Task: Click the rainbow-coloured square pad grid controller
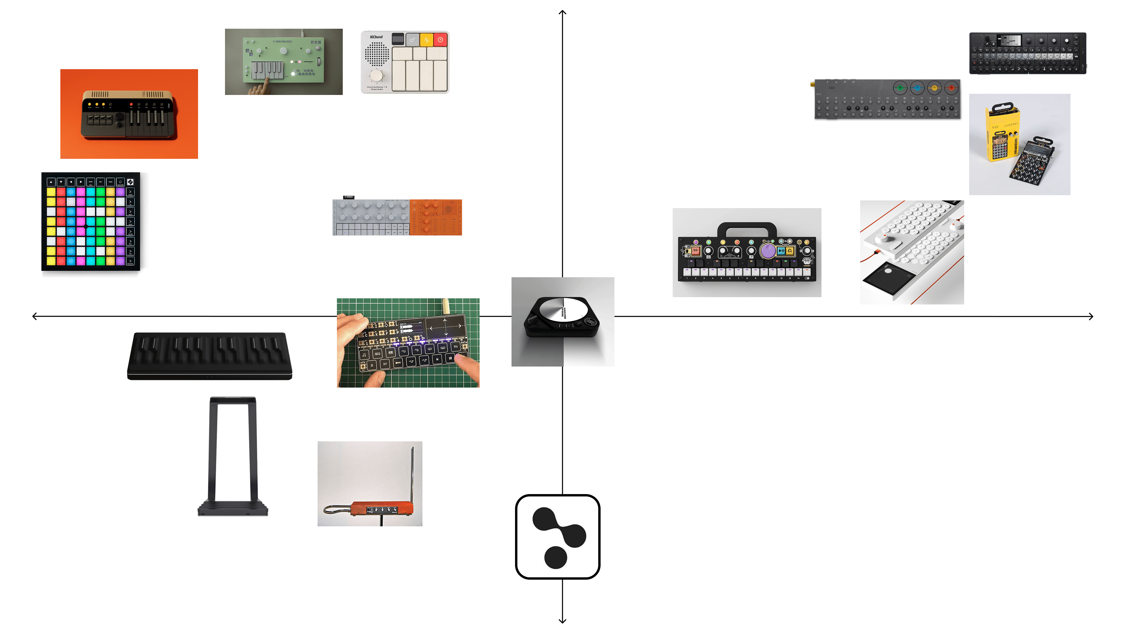click(91, 222)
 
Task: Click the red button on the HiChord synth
click(440, 40)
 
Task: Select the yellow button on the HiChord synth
click(426, 40)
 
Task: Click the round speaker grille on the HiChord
click(376, 54)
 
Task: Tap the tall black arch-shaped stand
click(233, 457)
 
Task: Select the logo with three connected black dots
click(558, 537)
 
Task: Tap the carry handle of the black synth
click(747, 228)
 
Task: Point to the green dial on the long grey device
click(900, 88)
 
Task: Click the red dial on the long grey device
click(951, 88)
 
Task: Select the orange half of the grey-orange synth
click(435, 217)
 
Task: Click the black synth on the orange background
click(129, 115)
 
